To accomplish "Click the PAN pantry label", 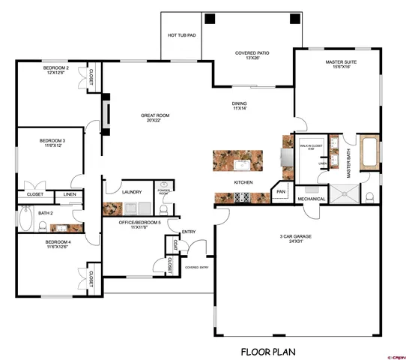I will [x=281, y=192].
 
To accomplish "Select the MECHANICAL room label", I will [x=311, y=199].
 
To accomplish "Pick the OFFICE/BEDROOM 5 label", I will [x=139, y=223].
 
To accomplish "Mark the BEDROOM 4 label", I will [x=58, y=244].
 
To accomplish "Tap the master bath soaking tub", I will [x=369, y=153].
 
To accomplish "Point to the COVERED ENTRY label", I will [x=197, y=266].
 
